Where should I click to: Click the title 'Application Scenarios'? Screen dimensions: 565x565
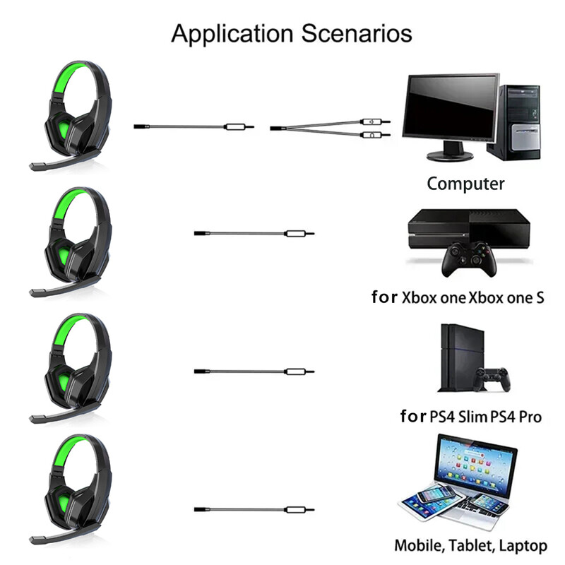[x=291, y=32]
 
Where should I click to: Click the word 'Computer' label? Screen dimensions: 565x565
[x=465, y=184]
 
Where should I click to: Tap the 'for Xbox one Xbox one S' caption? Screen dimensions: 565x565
[x=458, y=297]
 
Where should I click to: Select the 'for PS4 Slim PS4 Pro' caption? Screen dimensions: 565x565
[x=471, y=417]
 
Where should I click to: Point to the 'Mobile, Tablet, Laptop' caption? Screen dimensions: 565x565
[x=470, y=545]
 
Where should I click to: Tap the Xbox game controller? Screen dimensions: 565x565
[x=466, y=259]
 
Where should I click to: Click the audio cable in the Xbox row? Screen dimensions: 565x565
[x=254, y=233]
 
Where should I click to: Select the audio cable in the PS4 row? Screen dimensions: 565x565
[x=254, y=371]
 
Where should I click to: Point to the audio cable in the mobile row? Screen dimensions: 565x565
[x=254, y=509]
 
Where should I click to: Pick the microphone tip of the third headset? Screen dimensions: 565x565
[x=34, y=419]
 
